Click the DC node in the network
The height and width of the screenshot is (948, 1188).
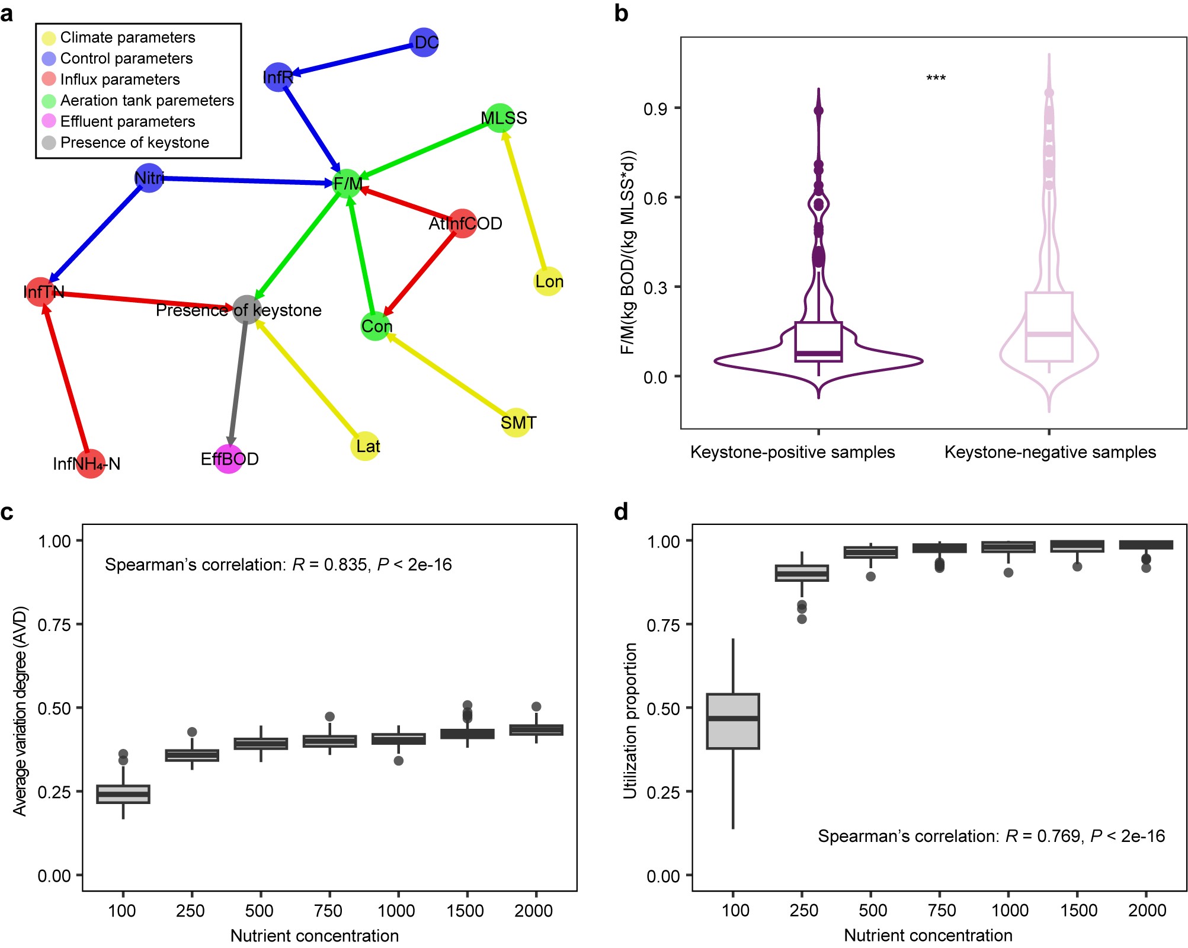pyautogui.click(x=424, y=43)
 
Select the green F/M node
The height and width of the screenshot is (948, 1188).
pyautogui.click(x=347, y=183)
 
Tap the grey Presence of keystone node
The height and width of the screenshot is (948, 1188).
pyautogui.click(x=246, y=309)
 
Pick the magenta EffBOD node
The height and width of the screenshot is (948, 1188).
pyautogui.click(x=229, y=459)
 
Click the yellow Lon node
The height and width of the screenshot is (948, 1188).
pyautogui.click(x=548, y=281)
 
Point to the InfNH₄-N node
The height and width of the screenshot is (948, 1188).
pyautogui.click(x=91, y=463)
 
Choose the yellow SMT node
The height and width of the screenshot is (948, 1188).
pyautogui.click(x=516, y=422)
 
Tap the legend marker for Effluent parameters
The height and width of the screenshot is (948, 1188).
pyautogui.click(x=49, y=121)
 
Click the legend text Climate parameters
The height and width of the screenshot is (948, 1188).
pyautogui.click(x=127, y=37)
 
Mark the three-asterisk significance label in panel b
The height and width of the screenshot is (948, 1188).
pyautogui.click(x=936, y=78)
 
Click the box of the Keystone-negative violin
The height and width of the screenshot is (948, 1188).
pyautogui.click(x=1049, y=326)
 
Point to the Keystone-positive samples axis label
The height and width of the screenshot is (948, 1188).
pyautogui.click(x=792, y=452)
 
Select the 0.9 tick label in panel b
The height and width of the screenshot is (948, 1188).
pyautogui.click(x=655, y=109)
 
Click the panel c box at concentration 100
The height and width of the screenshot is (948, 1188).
pyautogui.click(x=123, y=794)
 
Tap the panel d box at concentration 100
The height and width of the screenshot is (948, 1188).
pyautogui.click(x=733, y=721)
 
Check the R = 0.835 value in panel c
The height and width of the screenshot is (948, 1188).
pyautogui.click(x=341, y=565)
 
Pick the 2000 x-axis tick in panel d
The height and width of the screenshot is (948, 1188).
pyautogui.click(x=1147, y=910)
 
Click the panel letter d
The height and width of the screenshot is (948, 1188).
pyautogui.click(x=621, y=512)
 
